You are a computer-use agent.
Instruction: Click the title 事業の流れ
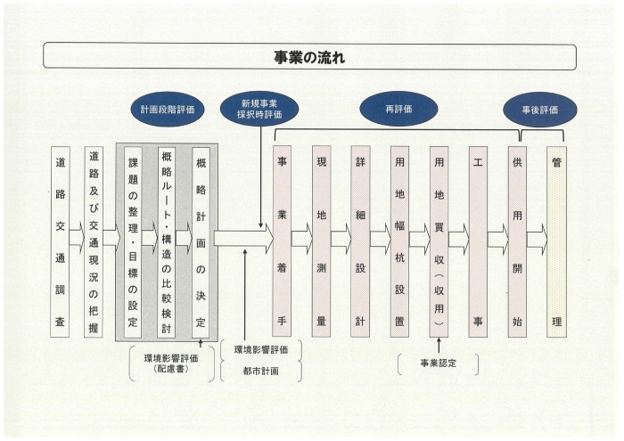(309, 58)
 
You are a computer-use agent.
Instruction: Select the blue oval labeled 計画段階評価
(168, 110)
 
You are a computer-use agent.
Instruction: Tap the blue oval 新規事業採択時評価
(259, 110)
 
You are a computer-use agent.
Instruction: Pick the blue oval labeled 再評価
(398, 109)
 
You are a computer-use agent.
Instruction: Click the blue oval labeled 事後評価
(540, 110)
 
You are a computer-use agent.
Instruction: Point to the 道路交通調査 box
(60, 241)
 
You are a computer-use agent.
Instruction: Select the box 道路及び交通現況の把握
(94, 241)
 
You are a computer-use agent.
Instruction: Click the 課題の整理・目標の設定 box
(133, 242)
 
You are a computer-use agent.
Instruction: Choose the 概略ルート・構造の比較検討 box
(167, 242)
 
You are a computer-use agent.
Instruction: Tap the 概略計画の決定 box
(201, 242)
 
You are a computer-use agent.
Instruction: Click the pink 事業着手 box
(282, 241)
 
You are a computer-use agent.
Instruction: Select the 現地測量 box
(321, 241)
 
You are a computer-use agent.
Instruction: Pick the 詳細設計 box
(360, 241)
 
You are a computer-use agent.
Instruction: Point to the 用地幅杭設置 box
(399, 241)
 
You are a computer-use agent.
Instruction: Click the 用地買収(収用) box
(439, 241)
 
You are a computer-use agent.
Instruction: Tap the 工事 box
(478, 241)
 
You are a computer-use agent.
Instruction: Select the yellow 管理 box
(557, 241)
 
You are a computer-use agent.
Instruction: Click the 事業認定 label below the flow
(439, 363)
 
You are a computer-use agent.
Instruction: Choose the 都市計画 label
(260, 371)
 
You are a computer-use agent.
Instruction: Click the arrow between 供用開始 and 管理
(538, 240)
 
